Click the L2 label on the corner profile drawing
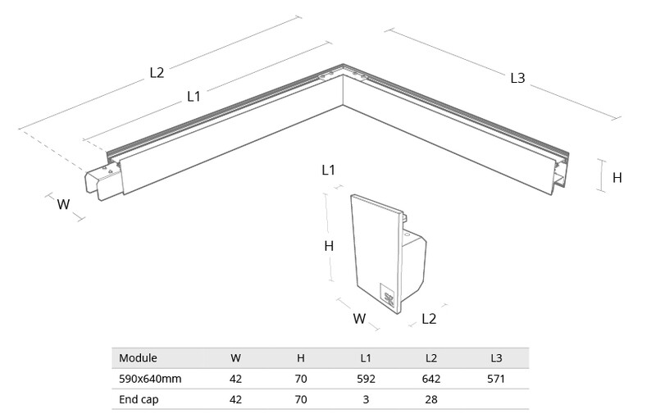click(157, 73)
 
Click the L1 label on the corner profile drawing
click(194, 97)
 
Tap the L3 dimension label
click(517, 78)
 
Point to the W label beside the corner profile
click(63, 204)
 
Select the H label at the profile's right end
click(617, 178)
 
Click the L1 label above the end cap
click(329, 171)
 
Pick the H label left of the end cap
click(329, 246)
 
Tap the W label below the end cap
click(359, 319)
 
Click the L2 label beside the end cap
click(429, 319)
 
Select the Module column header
click(138, 358)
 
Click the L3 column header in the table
click(496, 358)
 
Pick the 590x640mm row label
click(150, 379)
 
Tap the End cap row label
click(139, 400)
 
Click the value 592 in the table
click(366, 379)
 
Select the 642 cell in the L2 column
click(431, 379)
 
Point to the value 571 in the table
click(496, 379)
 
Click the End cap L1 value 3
click(366, 400)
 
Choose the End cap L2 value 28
click(431, 400)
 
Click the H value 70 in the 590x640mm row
click(301, 379)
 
